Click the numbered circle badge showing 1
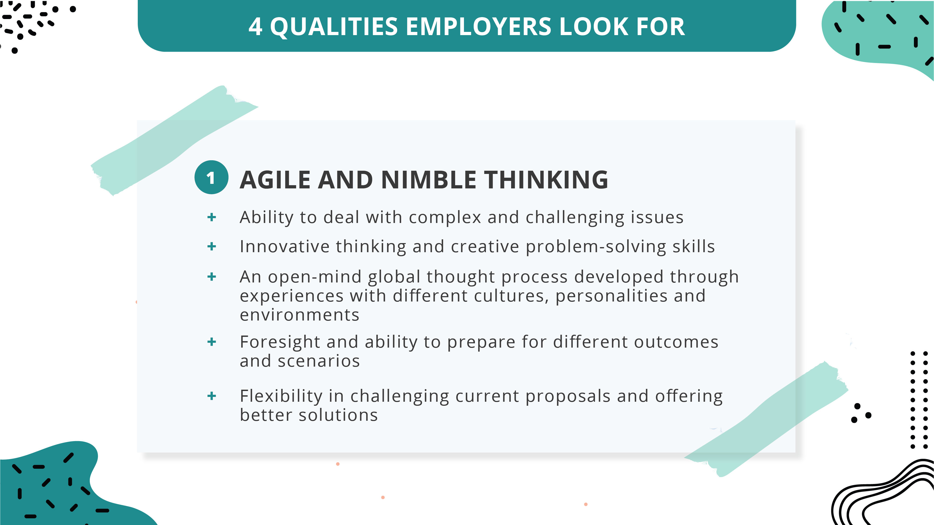click(x=211, y=178)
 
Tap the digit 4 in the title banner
click(x=255, y=27)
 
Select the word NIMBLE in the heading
click(x=429, y=180)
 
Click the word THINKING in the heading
click(x=546, y=180)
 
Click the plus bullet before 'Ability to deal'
click(x=212, y=217)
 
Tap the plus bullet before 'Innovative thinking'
click(x=212, y=247)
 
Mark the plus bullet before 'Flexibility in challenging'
click(x=212, y=396)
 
